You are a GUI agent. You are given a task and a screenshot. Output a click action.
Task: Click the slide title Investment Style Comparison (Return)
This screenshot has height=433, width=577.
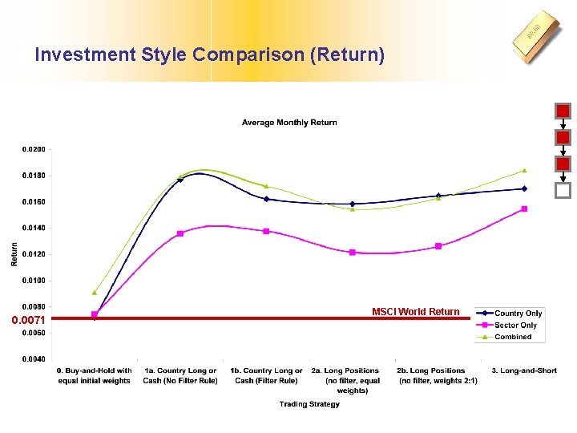click(x=210, y=55)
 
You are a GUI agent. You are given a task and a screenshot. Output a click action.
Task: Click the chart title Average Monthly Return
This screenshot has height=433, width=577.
click(x=289, y=123)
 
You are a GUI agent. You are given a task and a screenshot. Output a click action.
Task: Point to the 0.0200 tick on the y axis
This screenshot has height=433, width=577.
click(x=33, y=149)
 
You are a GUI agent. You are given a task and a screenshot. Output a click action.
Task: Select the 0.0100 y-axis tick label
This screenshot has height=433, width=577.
click(x=33, y=281)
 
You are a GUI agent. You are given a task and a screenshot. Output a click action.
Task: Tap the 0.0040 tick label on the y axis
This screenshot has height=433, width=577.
click(x=33, y=359)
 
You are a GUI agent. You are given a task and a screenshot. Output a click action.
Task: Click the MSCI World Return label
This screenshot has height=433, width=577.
click(x=415, y=312)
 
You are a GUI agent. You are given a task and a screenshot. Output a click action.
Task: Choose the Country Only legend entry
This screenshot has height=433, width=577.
click(x=518, y=314)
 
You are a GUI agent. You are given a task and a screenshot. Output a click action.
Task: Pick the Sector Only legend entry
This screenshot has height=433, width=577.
click(x=515, y=326)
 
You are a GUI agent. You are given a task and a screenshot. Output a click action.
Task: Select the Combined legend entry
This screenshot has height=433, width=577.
click(x=513, y=337)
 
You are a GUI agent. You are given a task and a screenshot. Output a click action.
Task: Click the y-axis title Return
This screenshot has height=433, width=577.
click(x=14, y=255)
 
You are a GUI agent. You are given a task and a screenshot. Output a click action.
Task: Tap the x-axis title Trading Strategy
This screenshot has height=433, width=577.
click(x=309, y=404)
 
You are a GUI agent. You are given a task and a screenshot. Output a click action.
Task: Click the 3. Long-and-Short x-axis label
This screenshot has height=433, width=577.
click(x=524, y=370)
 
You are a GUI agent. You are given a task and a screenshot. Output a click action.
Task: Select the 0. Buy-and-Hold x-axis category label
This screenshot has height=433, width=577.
click(x=95, y=375)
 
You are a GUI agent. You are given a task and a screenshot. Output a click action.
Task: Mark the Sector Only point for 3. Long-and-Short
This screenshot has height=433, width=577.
click(x=524, y=208)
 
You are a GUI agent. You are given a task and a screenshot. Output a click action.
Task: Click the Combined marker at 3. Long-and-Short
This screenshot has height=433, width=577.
click(x=524, y=170)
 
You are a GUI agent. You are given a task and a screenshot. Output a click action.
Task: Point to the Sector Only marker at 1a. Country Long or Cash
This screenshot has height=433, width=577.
click(x=180, y=233)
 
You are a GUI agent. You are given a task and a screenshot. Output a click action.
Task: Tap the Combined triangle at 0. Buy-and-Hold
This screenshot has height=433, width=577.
click(x=95, y=292)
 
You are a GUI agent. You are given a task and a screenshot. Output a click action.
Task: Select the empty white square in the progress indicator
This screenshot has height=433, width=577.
click(x=563, y=191)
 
